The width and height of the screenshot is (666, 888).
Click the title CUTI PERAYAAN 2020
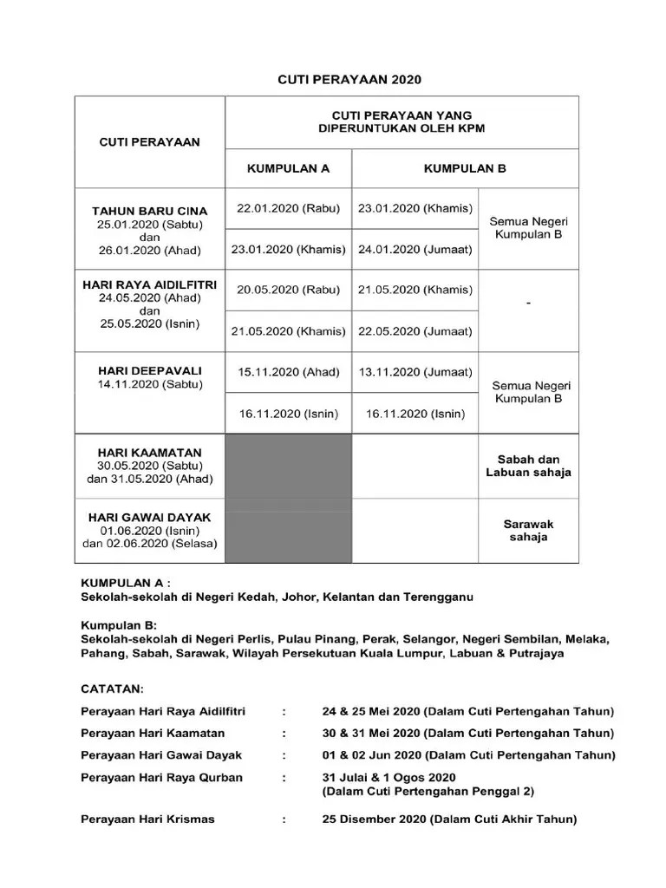tap(349, 80)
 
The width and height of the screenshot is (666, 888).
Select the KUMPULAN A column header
tap(289, 169)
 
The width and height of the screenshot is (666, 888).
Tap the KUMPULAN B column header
tap(465, 169)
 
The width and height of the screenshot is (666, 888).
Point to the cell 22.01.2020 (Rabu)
tap(289, 208)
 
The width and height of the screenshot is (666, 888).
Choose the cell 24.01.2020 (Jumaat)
tap(415, 250)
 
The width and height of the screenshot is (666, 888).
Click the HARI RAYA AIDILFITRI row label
tap(150, 284)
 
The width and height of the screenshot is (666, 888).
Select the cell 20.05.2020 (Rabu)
tap(289, 291)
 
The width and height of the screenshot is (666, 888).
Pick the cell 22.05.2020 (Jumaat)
tap(415, 331)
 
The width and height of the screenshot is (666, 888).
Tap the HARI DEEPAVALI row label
tap(150, 371)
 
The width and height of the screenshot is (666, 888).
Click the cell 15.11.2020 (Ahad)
tap(289, 373)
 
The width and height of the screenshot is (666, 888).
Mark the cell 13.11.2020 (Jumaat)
tap(415, 373)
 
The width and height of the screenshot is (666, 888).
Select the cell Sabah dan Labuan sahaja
tap(528, 466)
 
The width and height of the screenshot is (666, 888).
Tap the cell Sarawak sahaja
tap(528, 530)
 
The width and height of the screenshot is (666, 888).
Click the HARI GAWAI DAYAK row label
tap(150, 518)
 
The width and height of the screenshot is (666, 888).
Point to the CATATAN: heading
tap(112, 689)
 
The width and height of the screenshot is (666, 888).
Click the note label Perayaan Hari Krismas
tap(147, 819)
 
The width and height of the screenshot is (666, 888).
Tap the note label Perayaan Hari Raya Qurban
tap(162, 777)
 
